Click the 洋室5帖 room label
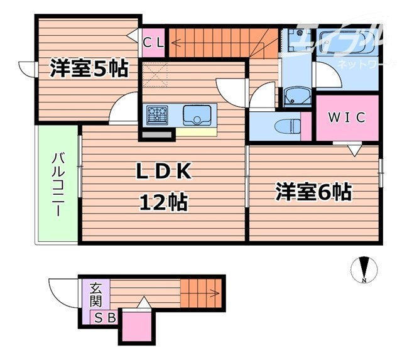pos(89,68)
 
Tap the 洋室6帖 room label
pos(313,192)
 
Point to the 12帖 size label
pos(163,202)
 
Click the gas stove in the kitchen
pos(158,114)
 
